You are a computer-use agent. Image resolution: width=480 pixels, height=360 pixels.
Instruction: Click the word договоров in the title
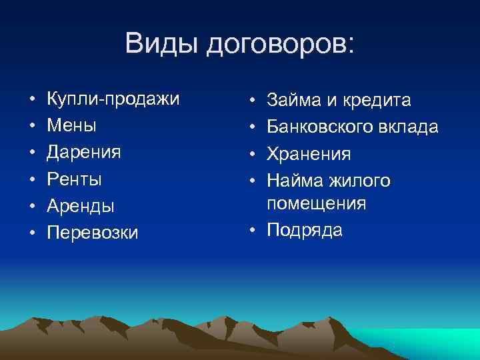pyautogui.click(x=280, y=45)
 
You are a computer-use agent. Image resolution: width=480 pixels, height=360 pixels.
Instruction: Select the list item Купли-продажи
pyautogui.click(x=113, y=99)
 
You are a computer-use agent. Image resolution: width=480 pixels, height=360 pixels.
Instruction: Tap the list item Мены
pyautogui.click(x=71, y=125)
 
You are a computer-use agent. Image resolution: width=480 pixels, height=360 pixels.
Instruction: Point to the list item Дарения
pyautogui.click(x=83, y=152)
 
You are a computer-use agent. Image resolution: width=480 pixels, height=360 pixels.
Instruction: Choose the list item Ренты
pyautogui.click(x=74, y=179)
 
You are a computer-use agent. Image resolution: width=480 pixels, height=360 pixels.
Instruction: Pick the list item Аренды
pyautogui.click(x=81, y=205)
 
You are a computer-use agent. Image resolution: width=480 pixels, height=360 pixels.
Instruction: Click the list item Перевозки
pyautogui.click(x=93, y=233)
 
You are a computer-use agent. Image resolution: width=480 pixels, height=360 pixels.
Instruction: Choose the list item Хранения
pyautogui.click(x=309, y=154)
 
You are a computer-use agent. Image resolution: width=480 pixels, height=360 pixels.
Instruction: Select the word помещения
pyautogui.click(x=316, y=203)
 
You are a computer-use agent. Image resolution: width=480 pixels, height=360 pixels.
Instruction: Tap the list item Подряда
pyautogui.click(x=305, y=230)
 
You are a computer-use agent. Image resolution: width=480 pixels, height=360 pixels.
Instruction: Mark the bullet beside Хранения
pyautogui.click(x=253, y=154)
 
